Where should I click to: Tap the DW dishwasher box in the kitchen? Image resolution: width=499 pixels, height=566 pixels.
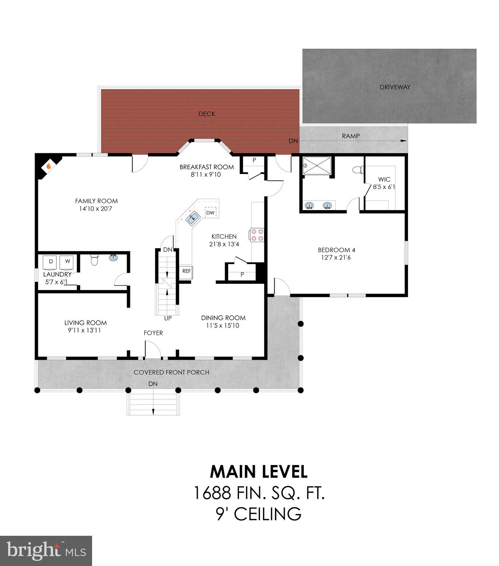tap(210, 213)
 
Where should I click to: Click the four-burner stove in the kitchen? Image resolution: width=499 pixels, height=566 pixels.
tap(257, 235)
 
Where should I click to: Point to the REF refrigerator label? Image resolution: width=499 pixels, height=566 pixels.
tap(186, 271)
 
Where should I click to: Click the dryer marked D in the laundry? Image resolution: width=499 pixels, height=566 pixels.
tap(51, 262)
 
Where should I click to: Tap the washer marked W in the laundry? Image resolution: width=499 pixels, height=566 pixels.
tap(67, 262)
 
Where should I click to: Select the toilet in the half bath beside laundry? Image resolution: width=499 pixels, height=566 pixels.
tap(94, 260)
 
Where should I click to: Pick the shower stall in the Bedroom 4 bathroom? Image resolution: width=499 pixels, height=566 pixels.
tap(317, 168)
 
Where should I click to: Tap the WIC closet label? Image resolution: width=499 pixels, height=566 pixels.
tap(384, 179)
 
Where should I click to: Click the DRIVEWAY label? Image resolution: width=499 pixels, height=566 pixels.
tap(395, 87)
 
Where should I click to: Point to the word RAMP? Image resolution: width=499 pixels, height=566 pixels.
tap(351, 136)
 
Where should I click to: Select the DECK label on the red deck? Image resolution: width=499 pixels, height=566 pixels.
tap(207, 114)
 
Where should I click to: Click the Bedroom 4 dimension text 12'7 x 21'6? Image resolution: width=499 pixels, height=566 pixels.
tap(337, 258)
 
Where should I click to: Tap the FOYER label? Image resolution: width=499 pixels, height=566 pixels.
tap(153, 333)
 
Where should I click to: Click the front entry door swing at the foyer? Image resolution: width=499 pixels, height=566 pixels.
tap(152, 350)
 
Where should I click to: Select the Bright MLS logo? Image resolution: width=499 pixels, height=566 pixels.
tap(46, 551)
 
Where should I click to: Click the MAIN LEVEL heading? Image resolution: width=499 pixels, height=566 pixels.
tap(259, 472)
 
